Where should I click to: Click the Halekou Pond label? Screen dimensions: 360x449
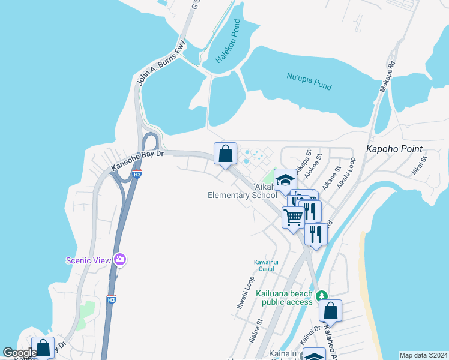pyautogui.click(x=228, y=42)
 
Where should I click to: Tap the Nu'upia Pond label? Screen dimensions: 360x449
pyautogui.click(x=309, y=81)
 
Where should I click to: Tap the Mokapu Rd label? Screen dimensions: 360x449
pyautogui.click(x=387, y=76)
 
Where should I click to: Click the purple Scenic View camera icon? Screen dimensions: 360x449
pyautogui.click(x=121, y=259)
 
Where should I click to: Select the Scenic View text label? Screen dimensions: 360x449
pyautogui.click(x=89, y=260)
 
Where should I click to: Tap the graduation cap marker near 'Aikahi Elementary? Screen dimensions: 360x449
pyautogui.click(x=285, y=179)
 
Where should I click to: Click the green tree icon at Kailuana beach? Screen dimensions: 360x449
pyautogui.click(x=321, y=296)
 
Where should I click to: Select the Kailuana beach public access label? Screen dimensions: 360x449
pyautogui.click(x=284, y=298)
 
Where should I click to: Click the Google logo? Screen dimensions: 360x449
pyautogui.click(x=20, y=353)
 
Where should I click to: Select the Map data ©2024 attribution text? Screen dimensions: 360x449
pyautogui.click(x=423, y=355)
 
